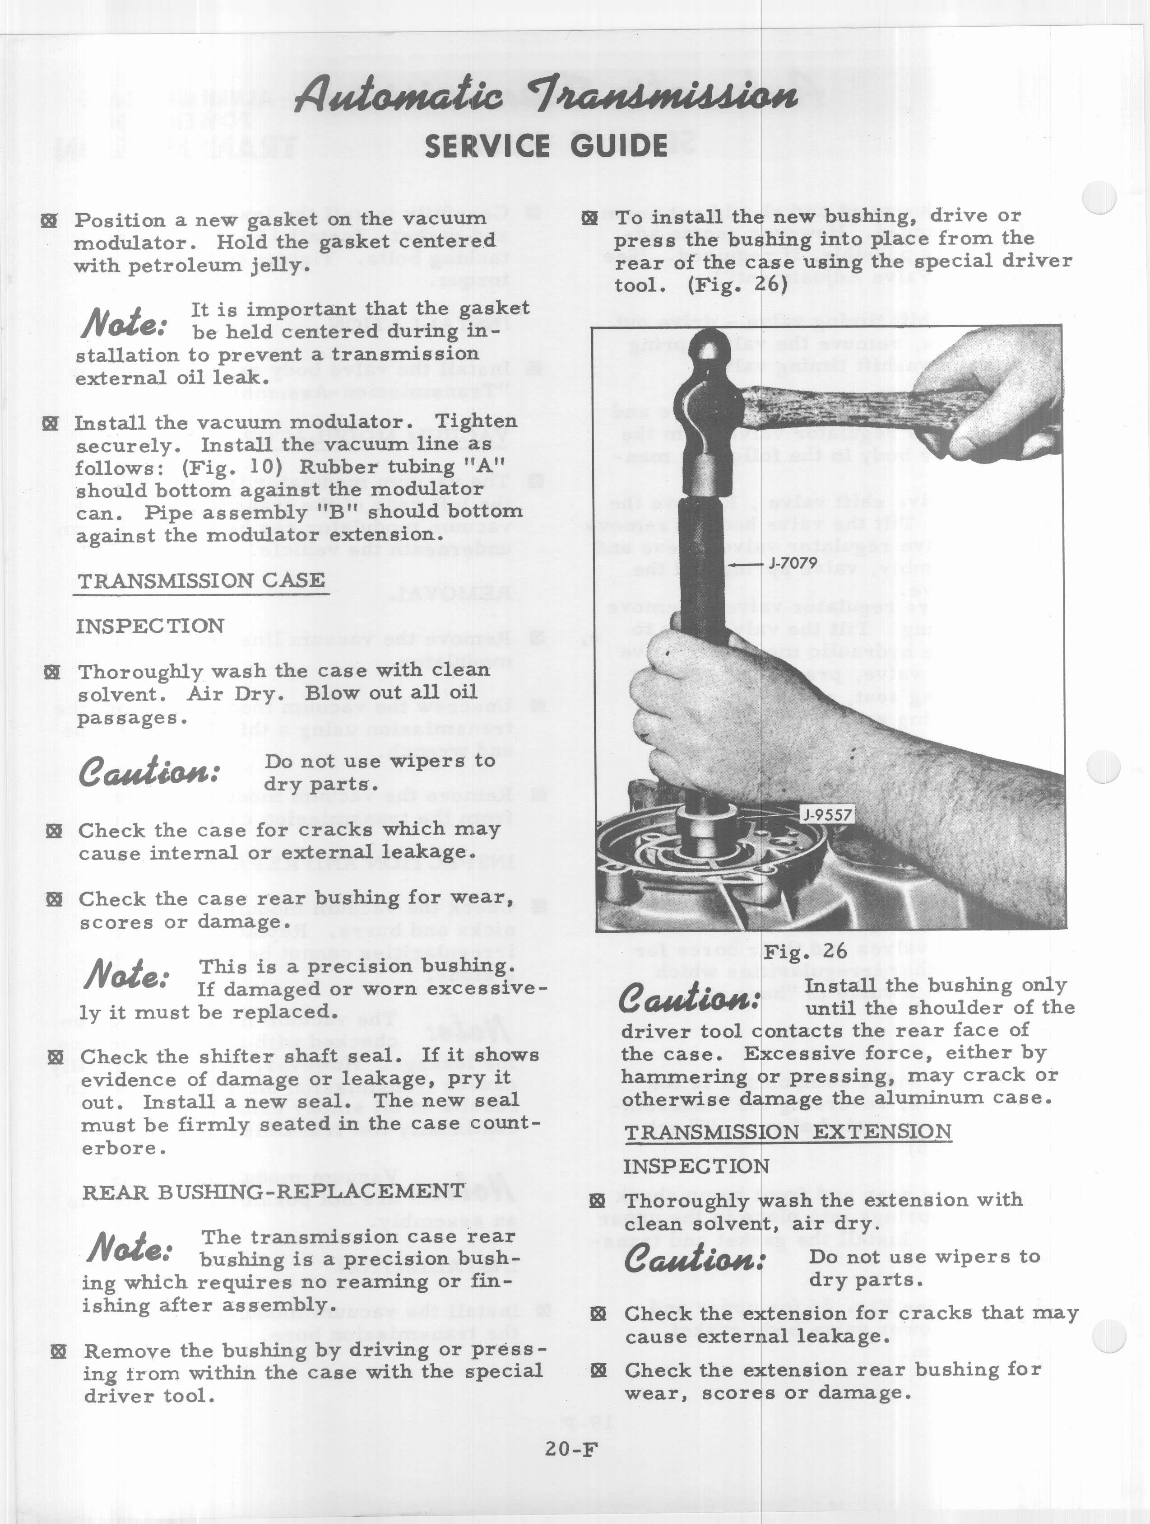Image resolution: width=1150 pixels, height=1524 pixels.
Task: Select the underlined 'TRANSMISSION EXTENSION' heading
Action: pyautogui.click(x=788, y=1132)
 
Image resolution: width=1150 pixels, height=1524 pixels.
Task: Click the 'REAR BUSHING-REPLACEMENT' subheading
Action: pyautogui.click(x=274, y=1191)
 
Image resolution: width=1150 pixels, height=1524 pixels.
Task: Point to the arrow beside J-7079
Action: pyautogui.click(x=747, y=564)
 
